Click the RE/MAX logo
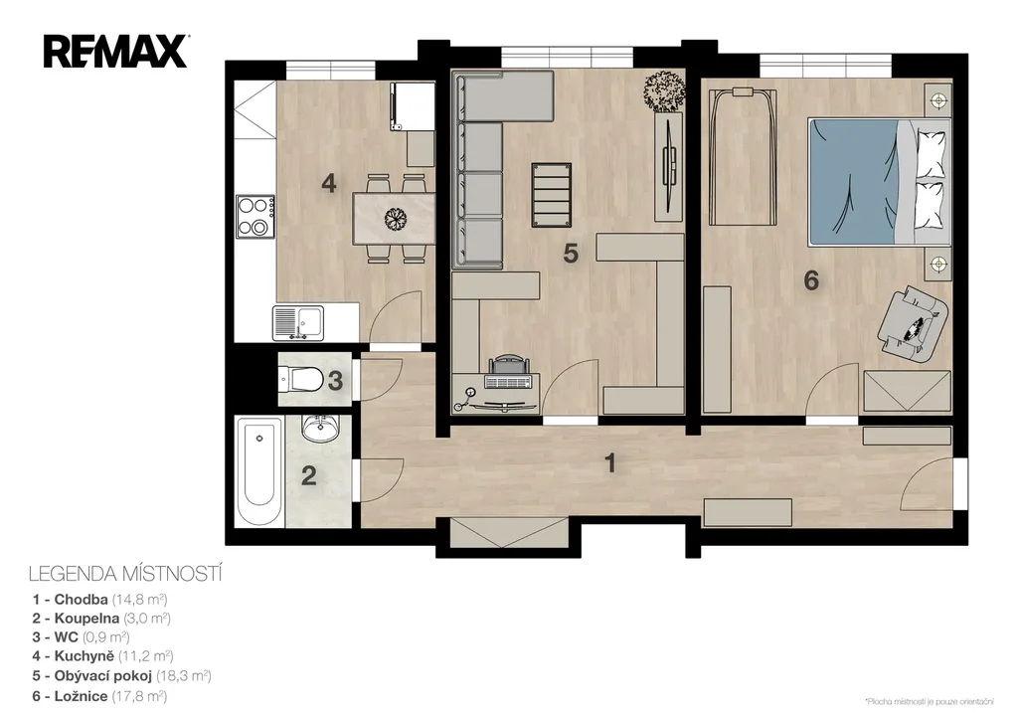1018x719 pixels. point(115,52)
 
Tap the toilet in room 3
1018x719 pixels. point(300,379)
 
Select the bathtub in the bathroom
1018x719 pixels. point(259,472)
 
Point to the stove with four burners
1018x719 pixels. point(254,216)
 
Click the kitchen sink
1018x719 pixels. point(298,323)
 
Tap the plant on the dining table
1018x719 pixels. point(395,218)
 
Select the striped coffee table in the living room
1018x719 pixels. point(551,195)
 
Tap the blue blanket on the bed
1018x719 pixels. point(852,182)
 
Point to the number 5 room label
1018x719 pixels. point(571,254)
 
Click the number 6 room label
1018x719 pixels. point(811,280)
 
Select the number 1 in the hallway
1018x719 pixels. point(610,463)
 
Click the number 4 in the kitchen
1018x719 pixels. point(329,183)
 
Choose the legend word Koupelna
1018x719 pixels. point(87,619)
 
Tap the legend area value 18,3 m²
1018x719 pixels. point(184,676)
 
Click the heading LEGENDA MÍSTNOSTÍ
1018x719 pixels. point(125,574)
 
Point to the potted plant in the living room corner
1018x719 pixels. point(664,90)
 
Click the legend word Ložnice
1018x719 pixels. point(82,696)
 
